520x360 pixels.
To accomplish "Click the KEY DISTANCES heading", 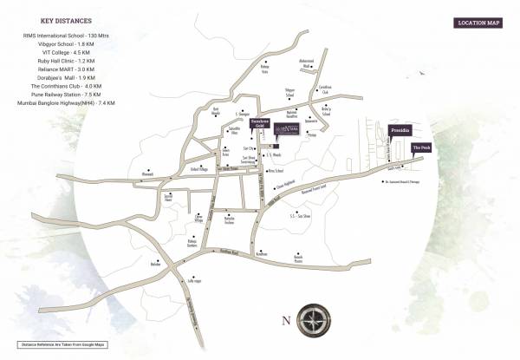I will (67, 20).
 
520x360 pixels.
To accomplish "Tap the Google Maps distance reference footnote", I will (63, 345).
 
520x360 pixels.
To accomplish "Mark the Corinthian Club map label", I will (326, 88).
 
